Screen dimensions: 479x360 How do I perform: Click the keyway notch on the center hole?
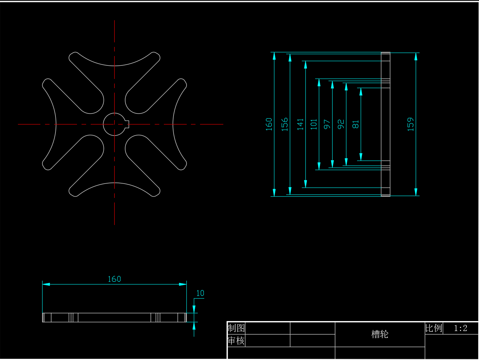tap(127, 124)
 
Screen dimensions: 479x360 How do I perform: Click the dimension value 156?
tap(285, 124)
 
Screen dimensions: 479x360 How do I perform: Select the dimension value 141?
tap(300, 124)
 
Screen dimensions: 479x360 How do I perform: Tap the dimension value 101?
tap(314, 124)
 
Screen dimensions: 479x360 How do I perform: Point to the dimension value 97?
tap(327, 124)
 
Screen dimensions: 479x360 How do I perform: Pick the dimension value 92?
tap(341, 124)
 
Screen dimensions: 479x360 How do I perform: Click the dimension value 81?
tap(356, 124)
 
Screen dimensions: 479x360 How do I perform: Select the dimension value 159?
tap(410, 124)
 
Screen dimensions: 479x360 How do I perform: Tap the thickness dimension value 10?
tap(200, 293)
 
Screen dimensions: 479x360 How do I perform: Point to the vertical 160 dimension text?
tap(269, 124)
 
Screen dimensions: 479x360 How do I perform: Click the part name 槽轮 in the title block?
tap(380, 334)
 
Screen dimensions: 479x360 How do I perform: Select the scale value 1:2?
tap(460, 328)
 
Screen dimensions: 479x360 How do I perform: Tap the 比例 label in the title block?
tap(434, 328)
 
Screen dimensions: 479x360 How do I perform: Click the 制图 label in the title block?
tap(236, 328)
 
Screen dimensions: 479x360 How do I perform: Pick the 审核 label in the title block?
tap(236, 341)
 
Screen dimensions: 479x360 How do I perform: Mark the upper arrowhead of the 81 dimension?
tap(361, 92)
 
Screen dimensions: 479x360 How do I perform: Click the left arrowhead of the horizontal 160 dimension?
tap(46, 284)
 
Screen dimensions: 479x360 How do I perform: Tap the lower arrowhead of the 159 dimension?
tap(416, 192)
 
